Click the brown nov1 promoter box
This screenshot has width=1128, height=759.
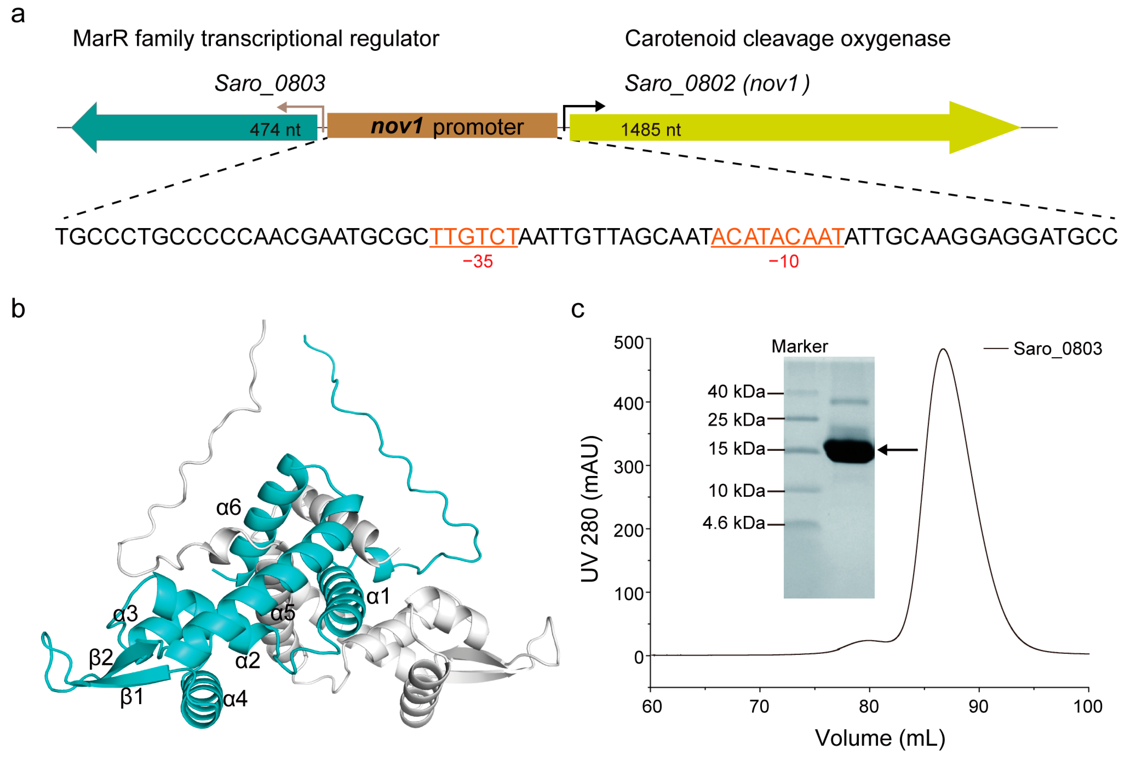(442, 126)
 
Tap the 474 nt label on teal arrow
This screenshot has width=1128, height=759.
(275, 130)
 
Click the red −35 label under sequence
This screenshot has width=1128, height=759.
(478, 262)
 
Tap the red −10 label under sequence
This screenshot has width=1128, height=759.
(783, 262)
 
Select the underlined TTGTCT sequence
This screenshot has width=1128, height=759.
(473, 237)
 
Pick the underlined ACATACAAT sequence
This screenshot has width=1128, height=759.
(777, 237)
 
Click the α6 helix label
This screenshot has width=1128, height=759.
(228, 508)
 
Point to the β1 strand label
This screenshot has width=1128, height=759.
(132, 697)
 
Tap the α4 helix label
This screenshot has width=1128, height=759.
(235, 699)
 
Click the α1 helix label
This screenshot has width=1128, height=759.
(378, 596)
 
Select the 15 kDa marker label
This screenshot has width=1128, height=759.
(736, 449)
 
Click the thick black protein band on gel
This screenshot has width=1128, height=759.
(849, 451)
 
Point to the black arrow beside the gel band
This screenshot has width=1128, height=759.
(897, 450)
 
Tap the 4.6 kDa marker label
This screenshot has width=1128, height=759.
(733, 523)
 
